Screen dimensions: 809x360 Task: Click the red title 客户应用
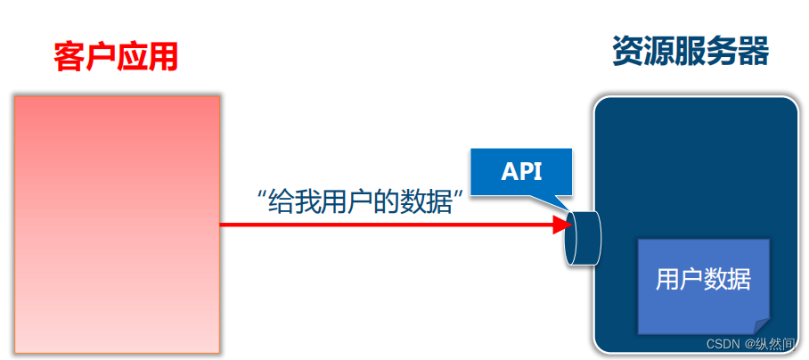pos(116,56)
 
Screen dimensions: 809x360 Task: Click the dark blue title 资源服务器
pos(691,51)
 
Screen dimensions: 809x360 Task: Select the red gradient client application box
pos(117,223)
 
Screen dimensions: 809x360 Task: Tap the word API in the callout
pos(522,171)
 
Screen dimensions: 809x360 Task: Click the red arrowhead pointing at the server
pos(562,225)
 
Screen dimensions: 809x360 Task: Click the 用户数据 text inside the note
pos(703,280)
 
